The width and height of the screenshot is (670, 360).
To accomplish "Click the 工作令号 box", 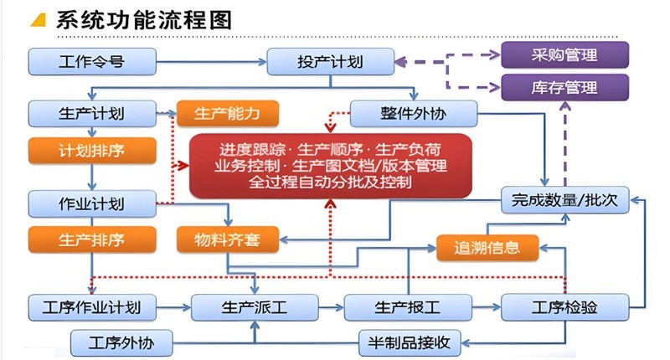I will pos(92,61).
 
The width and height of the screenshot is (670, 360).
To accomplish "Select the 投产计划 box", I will pos(331,61).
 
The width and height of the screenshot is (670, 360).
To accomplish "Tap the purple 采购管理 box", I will pos(564,55).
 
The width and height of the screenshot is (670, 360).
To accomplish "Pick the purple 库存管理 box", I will pos(564,86).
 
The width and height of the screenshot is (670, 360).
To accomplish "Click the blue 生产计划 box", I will pos(92,114).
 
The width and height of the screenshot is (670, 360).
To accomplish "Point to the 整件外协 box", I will pos(413,114).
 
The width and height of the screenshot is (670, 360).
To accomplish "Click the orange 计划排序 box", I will pos(92,151).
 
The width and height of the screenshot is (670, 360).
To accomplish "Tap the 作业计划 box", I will pos(92,203).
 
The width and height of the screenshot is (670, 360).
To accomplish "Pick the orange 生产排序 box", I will pos(92,239).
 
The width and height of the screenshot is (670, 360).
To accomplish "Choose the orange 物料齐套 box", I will pos(227,239).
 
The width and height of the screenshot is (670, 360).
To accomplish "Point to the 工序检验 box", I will pos(564,307).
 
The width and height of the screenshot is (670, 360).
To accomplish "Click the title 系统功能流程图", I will pos(142,20).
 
